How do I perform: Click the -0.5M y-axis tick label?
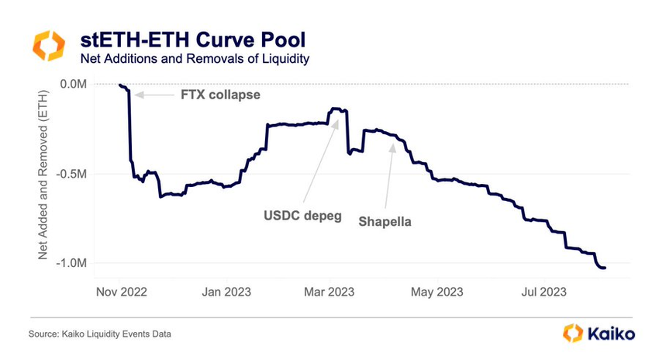pyautogui.click(x=73, y=174)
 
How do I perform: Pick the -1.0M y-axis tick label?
pyautogui.click(x=73, y=264)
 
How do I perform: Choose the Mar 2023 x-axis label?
pyautogui.click(x=329, y=292)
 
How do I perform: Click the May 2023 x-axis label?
pyautogui.click(x=436, y=292)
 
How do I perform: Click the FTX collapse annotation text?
pyautogui.click(x=219, y=95)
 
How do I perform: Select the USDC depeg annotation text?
pyautogui.click(x=304, y=215)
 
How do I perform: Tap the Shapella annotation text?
pyautogui.click(x=385, y=221)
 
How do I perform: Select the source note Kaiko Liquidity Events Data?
pyautogui.click(x=100, y=334)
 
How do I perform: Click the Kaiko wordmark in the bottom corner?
pyautogui.click(x=611, y=334)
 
